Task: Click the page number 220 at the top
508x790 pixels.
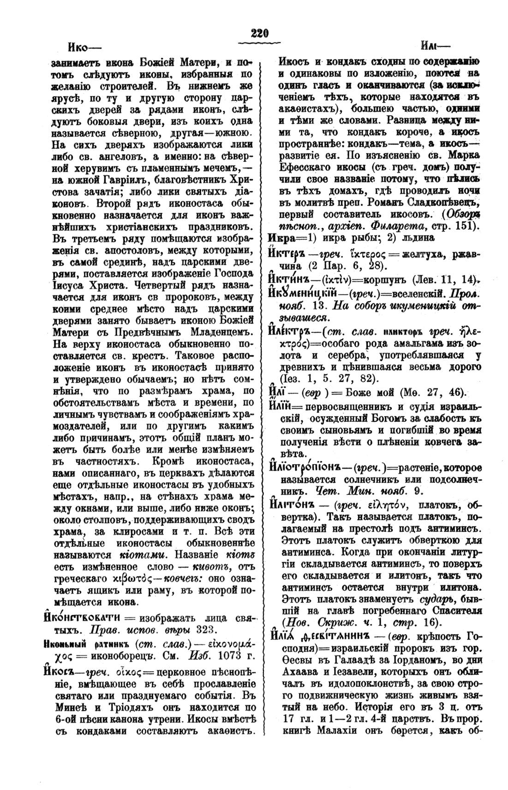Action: point(260,33)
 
